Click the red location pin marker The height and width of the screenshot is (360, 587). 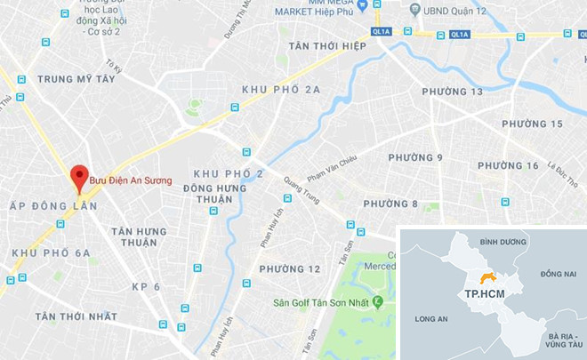79,176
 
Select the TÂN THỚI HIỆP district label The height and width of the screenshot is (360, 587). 322,45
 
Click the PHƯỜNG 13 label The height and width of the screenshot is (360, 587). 453,92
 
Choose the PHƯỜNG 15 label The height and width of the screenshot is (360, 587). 533,124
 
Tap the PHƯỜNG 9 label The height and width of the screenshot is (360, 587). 416,158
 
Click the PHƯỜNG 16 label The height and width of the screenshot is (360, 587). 508,166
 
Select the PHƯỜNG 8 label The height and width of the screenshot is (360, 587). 390,204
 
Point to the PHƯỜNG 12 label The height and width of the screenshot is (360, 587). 290,268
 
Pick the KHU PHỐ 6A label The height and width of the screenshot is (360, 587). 51,253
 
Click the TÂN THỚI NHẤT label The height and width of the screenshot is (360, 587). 76,317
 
